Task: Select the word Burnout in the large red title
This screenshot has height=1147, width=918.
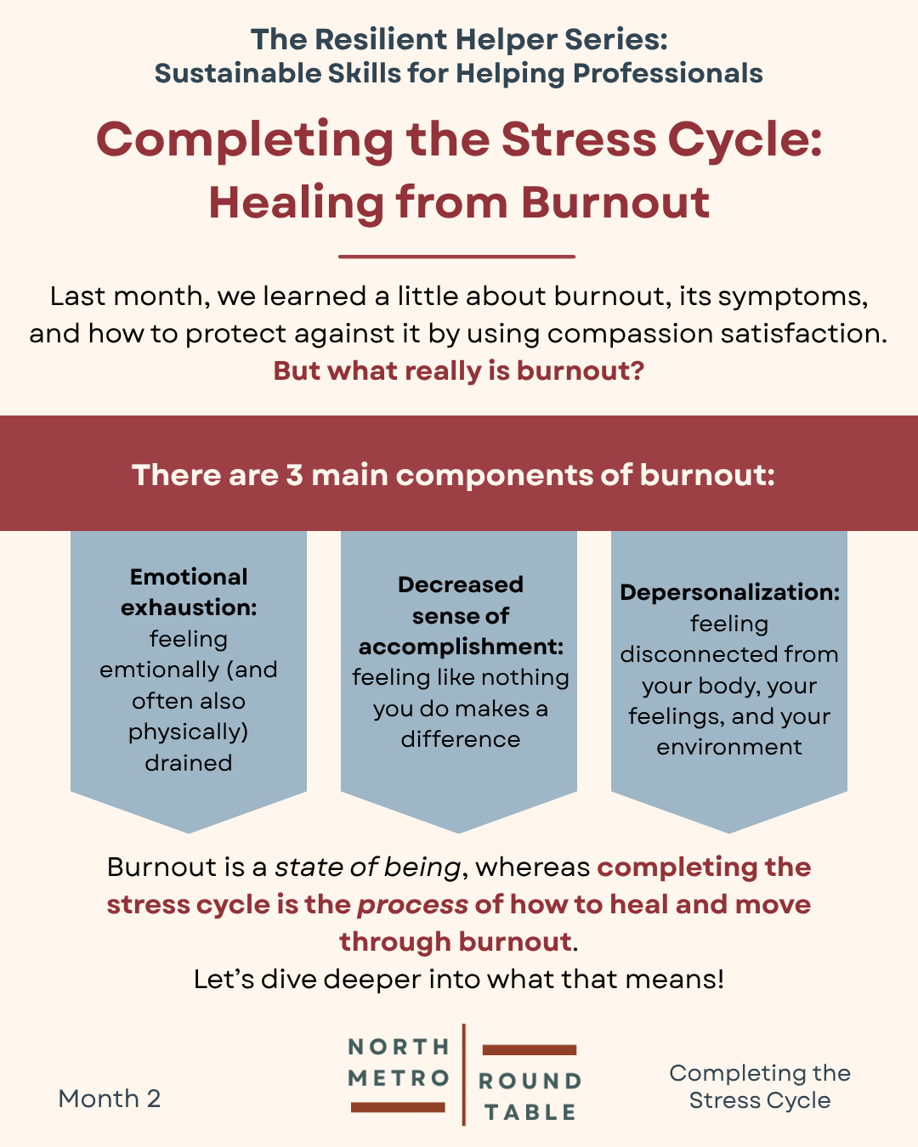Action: tap(615, 203)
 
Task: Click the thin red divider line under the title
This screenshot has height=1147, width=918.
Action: tap(456, 257)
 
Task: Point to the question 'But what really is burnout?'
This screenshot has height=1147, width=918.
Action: tap(459, 370)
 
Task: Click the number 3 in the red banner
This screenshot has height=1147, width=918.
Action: tap(294, 475)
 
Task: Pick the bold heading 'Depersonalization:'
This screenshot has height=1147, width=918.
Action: tap(729, 592)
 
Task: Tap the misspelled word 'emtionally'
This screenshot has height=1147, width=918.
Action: tap(160, 670)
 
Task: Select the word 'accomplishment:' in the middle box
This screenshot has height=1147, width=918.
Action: tap(461, 647)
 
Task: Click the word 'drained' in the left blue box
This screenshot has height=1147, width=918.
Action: tap(189, 763)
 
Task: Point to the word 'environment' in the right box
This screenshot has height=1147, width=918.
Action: tap(728, 748)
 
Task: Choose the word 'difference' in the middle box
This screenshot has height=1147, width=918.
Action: tap(461, 739)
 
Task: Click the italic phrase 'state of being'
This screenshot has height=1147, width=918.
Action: tap(367, 867)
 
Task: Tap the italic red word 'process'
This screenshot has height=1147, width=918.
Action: tap(413, 905)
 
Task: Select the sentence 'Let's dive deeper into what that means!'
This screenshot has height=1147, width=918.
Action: tap(459, 979)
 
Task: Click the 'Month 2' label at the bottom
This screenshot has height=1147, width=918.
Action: tap(110, 1099)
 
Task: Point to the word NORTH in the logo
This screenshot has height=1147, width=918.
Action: tap(399, 1047)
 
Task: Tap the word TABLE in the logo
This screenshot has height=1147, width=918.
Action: tap(530, 1112)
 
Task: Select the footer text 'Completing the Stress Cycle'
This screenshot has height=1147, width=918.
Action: tap(760, 1087)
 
